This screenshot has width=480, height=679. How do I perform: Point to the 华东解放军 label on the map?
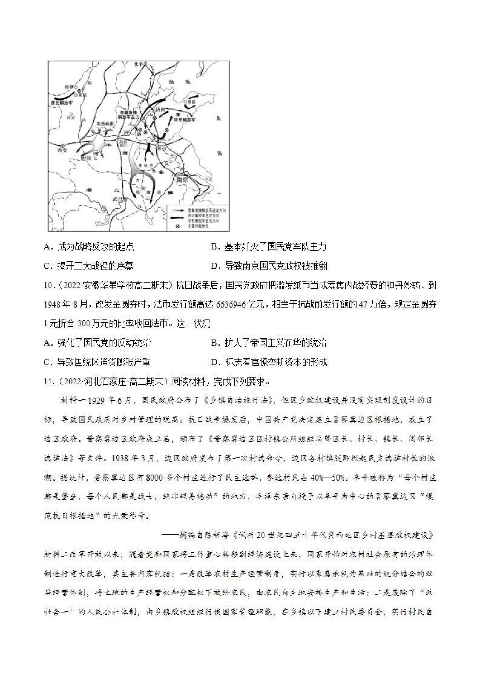pyautogui.click(x=185, y=120)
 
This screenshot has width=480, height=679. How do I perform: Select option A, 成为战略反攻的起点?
pyautogui.click(x=89, y=247)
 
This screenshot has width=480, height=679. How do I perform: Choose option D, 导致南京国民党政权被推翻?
pyautogui.click(x=269, y=266)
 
